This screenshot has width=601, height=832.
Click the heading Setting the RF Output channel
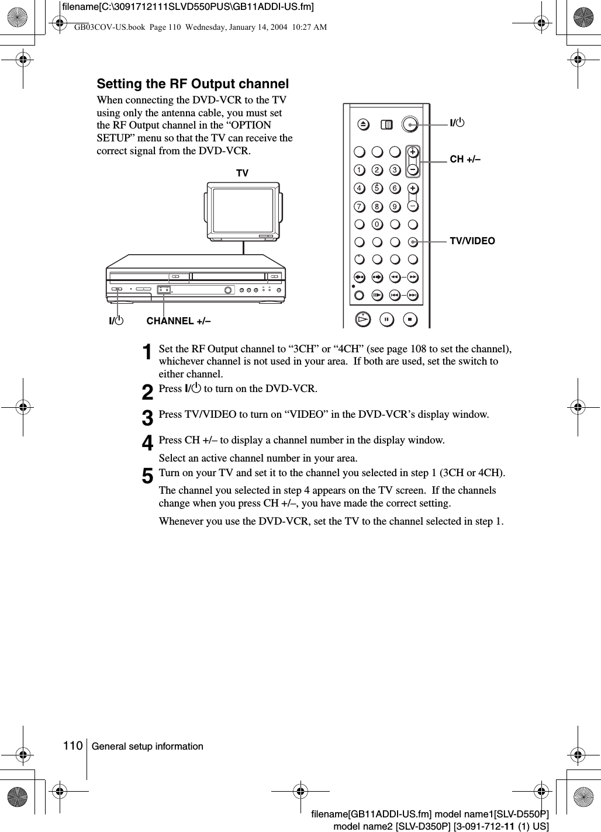click(193, 84)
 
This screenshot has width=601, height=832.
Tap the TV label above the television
click(242, 174)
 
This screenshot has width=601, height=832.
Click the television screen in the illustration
click(243, 211)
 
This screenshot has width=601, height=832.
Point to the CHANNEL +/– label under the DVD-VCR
click(178, 321)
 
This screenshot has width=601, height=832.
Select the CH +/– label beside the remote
click(465, 158)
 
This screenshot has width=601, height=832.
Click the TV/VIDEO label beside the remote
click(472, 241)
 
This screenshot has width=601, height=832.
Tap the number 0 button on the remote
click(377, 224)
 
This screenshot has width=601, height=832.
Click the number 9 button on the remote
click(395, 206)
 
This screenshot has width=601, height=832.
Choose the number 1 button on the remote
click(359, 170)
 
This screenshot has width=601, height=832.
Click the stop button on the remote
click(410, 320)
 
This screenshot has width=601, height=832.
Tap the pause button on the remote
click(386, 320)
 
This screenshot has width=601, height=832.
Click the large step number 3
click(148, 417)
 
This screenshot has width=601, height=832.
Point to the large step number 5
click(148, 476)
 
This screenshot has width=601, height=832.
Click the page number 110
click(73, 746)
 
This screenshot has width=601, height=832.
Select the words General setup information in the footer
click(147, 746)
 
